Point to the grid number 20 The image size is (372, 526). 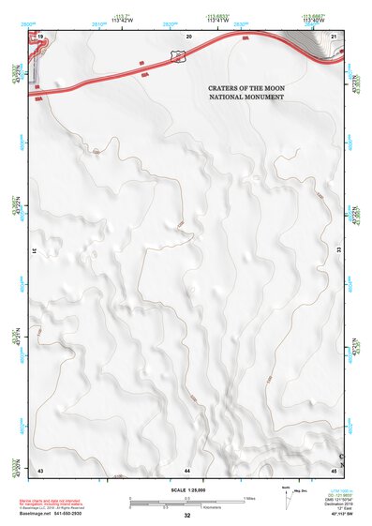pyautogui.click(x=188, y=35)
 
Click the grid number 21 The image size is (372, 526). pyautogui.click(x=335, y=35)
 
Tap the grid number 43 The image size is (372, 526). pyautogui.click(x=40, y=468)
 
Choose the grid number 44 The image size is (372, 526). pyautogui.click(x=187, y=468)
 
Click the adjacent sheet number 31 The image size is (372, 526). pyautogui.click(x=36, y=251)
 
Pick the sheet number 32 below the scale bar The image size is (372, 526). pyautogui.click(x=187, y=516)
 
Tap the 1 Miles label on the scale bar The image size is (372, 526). pyautogui.click(x=249, y=497)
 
